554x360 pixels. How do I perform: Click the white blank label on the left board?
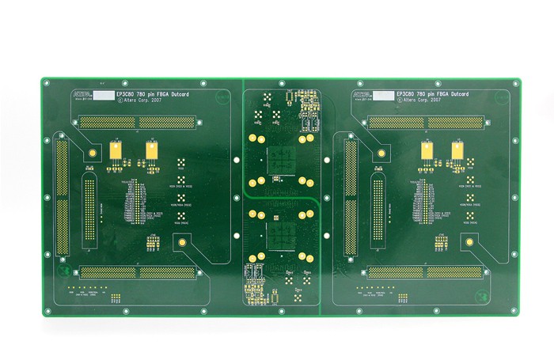(x=104, y=94)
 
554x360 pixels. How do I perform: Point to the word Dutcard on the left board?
(x=180, y=94)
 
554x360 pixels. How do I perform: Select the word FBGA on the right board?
(x=442, y=94)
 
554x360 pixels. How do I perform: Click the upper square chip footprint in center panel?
(x=279, y=159)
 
